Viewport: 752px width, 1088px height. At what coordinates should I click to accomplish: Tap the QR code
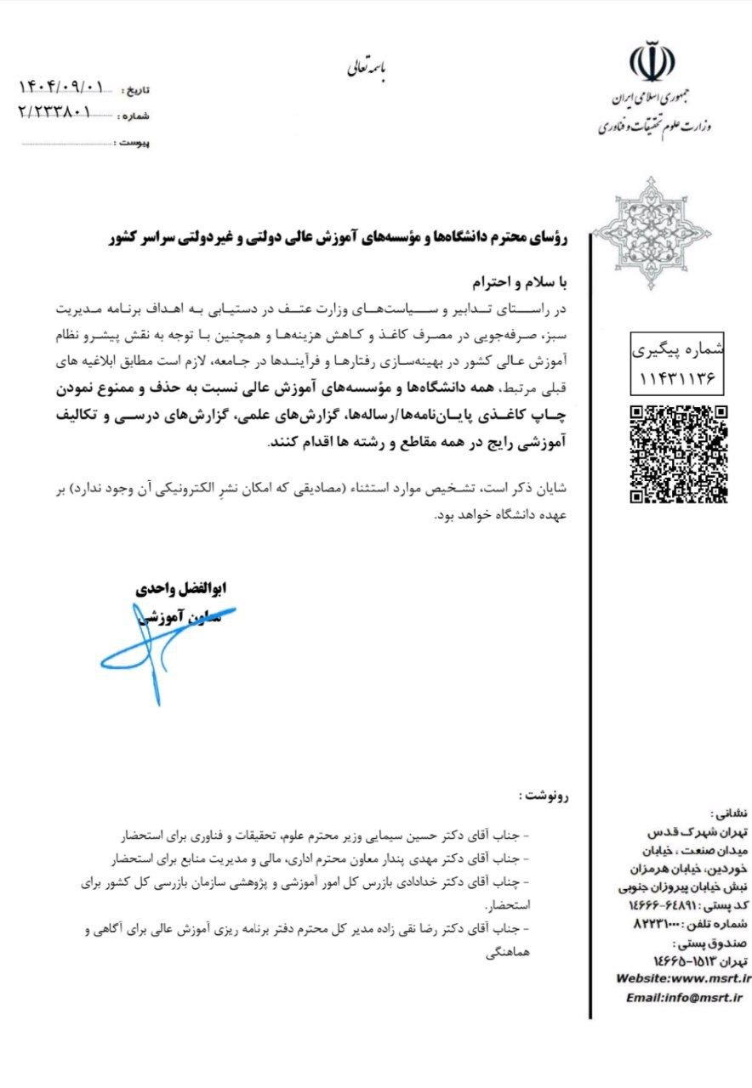pos(679,454)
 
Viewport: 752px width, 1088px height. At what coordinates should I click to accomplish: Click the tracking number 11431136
pos(679,373)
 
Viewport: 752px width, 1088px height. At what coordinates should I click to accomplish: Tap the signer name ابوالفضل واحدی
pos(182,588)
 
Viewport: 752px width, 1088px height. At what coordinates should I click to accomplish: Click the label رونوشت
pos(545,796)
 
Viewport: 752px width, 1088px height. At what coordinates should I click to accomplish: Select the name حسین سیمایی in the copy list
pos(385,829)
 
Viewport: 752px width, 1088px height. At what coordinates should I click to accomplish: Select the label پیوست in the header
pos(134,143)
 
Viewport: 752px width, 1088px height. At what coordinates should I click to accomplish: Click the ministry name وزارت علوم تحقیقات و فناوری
pos(654,126)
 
